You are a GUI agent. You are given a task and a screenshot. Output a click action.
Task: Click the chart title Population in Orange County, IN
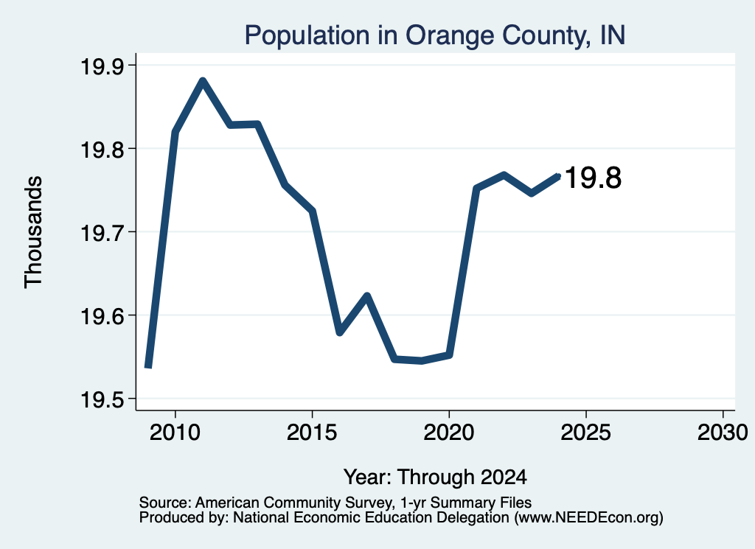pyautogui.click(x=435, y=35)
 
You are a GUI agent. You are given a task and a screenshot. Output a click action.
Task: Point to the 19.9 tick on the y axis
pyautogui.click(x=102, y=66)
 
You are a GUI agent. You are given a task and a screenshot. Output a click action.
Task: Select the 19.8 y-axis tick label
pyautogui.click(x=102, y=150)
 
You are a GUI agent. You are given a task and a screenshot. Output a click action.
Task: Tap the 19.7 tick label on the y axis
pyautogui.click(x=102, y=233)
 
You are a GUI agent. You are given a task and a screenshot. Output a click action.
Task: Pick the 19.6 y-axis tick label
pyautogui.click(x=102, y=316)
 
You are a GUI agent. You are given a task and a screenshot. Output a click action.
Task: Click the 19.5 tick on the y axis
pyautogui.click(x=102, y=399)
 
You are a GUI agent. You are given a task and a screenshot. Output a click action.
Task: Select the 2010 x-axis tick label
pyautogui.click(x=175, y=432)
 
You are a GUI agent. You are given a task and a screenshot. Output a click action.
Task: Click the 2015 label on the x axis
pyautogui.click(x=312, y=432)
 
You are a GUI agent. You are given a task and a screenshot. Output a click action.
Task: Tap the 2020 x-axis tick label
pyautogui.click(x=449, y=432)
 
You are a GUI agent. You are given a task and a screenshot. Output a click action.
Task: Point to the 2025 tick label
pyautogui.click(x=586, y=432)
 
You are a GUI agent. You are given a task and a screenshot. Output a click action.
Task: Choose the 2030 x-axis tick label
pyautogui.click(x=723, y=432)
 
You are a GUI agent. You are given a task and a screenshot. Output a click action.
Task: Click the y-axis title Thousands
pyautogui.click(x=33, y=232)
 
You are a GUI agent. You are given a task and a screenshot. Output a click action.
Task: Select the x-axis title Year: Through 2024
pyautogui.click(x=435, y=477)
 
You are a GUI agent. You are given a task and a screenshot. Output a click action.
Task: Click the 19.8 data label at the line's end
pyautogui.click(x=594, y=178)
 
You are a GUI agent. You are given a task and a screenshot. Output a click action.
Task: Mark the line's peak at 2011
pyautogui.click(x=203, y=80)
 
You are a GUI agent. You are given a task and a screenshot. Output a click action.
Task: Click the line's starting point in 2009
pyautogui.click(x=148, y=366)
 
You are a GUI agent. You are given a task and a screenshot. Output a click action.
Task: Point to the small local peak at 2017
pyautogui.click(x=367, y=295)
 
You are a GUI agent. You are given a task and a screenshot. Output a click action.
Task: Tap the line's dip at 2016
pyautogui.click(x=339, y=332)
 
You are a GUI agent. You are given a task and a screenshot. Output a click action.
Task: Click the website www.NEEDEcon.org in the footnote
pyautogui.click(x=589, y=518)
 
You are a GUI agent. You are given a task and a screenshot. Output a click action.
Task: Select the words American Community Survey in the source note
pyautogui.click(x=293, y=503)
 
